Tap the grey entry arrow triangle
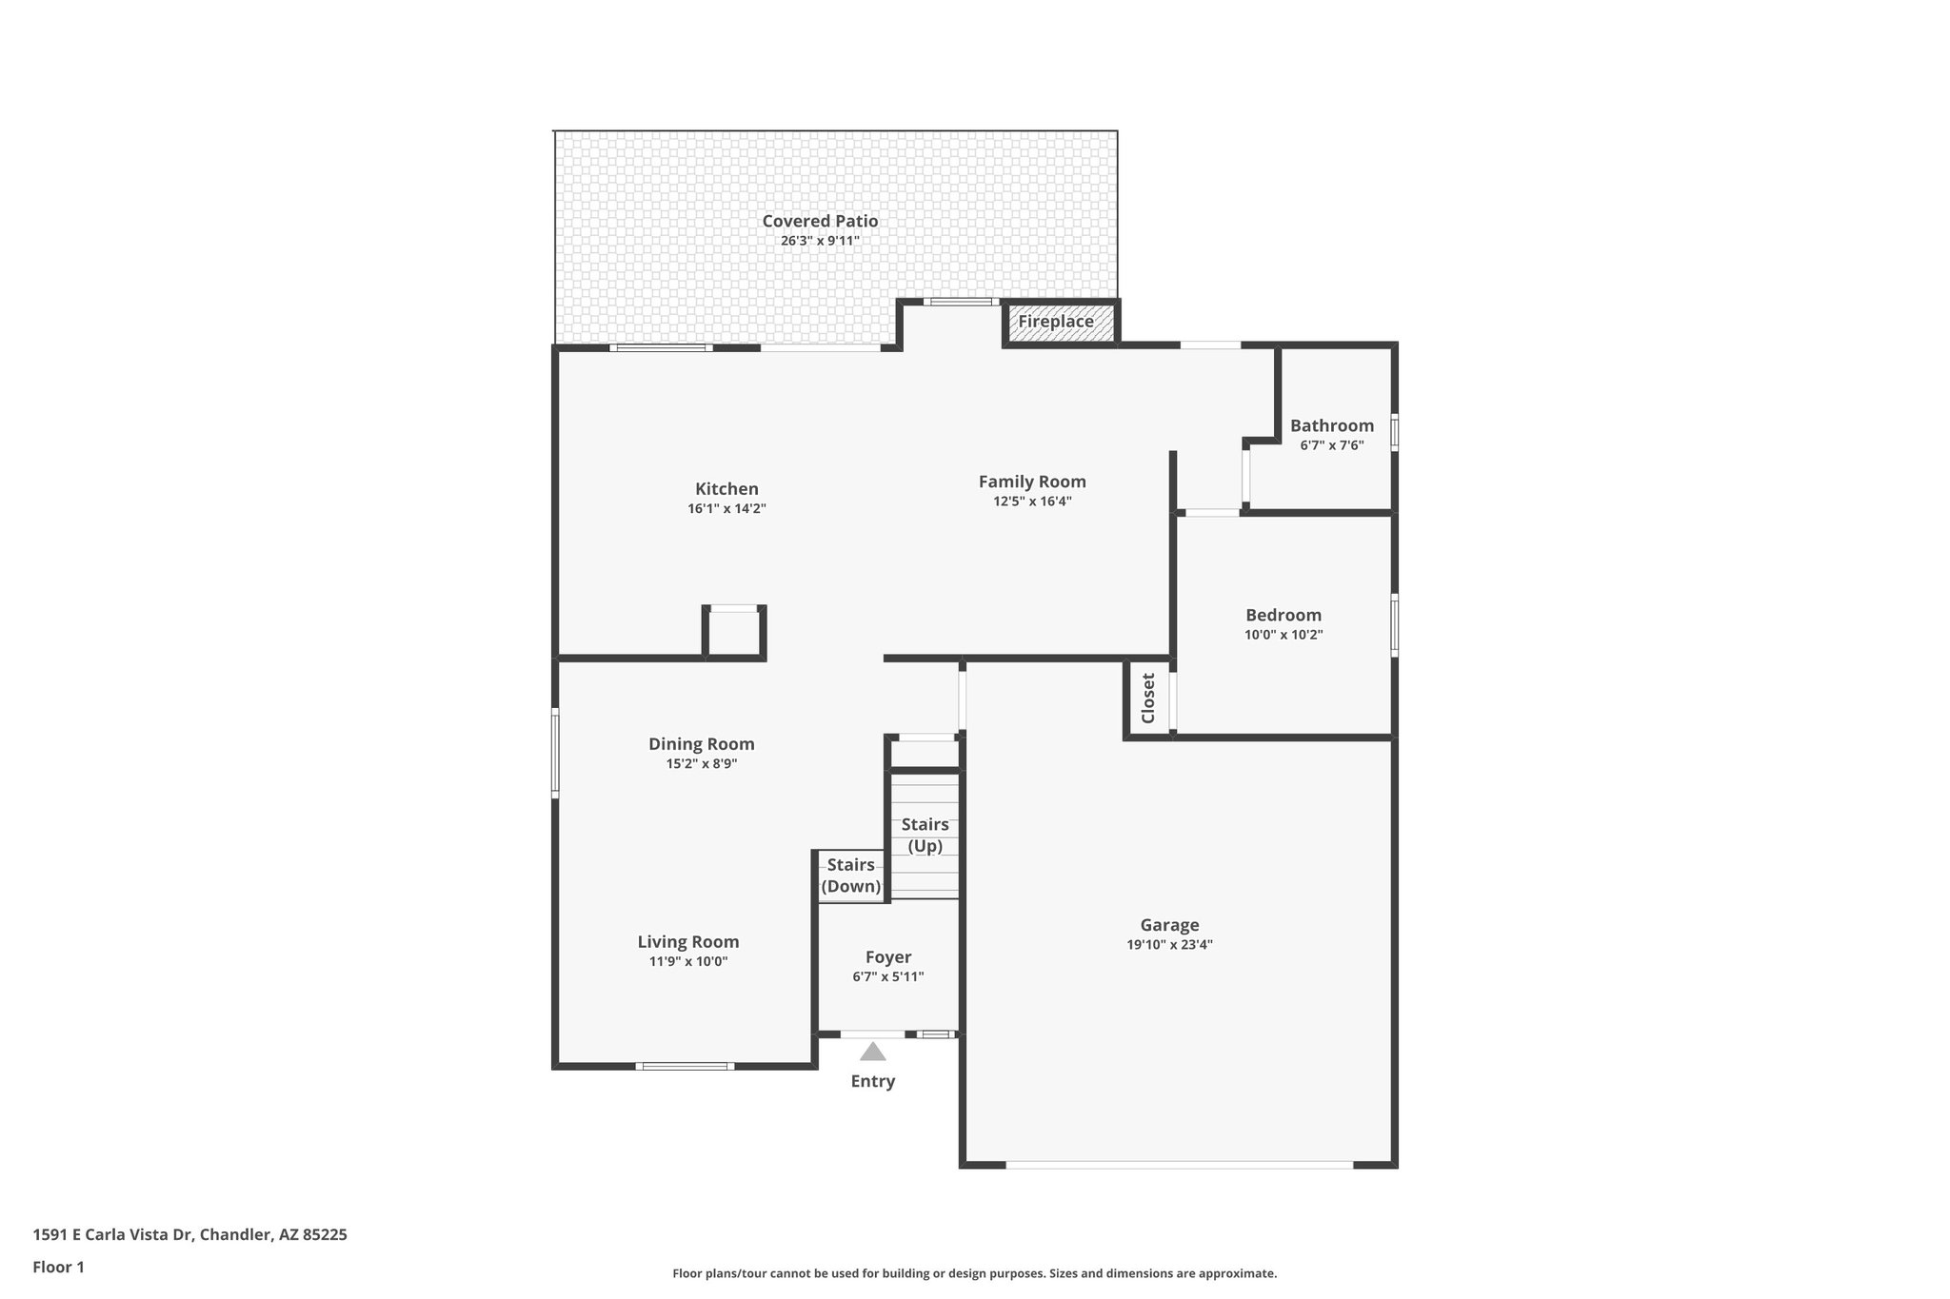point(872,1052)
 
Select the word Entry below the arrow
point(872,1081)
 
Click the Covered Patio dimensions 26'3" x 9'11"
point(820,241)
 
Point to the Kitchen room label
point(726,489)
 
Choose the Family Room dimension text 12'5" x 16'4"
point(1032,502)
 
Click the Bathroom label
point(1331,425)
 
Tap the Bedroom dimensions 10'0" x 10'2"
point(1283,635)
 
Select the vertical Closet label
point(1147,698)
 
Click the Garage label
point(1169,925)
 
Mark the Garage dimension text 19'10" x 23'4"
point(1169,945)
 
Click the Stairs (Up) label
point(925,835)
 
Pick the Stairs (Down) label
point(850,876)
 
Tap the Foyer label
point(887,957)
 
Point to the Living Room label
point(687,942)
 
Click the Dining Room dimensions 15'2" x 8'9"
point(702,763)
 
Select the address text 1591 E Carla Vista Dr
point(114,1235)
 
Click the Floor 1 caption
point(58,1267)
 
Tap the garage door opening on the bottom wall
point(1178,1164)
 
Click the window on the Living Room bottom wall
point(685,1066)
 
